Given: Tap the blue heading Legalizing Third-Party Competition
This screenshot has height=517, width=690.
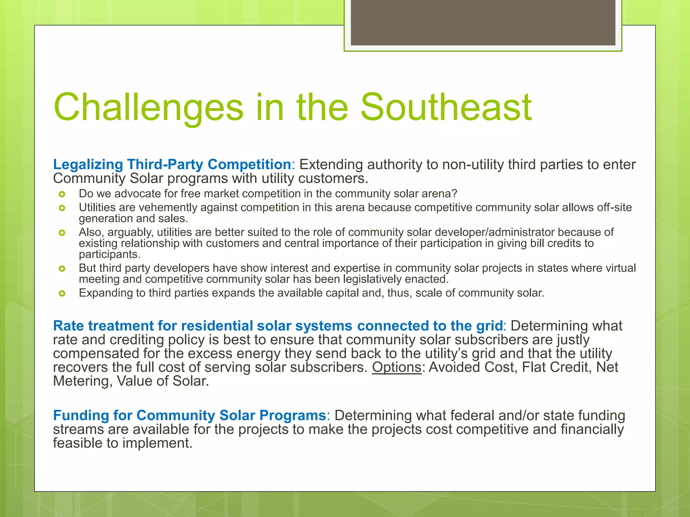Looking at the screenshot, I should pos(172,164).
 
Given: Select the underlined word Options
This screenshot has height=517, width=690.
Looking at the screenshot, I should pos(397,367).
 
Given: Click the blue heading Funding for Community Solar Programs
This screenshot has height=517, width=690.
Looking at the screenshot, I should pos(189,415).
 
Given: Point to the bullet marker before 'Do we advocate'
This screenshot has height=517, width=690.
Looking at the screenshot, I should pos(62,194).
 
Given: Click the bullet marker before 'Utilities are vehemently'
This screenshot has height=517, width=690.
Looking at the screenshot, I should pos(62,208).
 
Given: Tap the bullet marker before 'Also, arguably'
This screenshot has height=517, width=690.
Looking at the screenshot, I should pos(62,233).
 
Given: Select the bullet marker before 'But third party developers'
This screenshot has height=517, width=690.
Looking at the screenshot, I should pos(62,268).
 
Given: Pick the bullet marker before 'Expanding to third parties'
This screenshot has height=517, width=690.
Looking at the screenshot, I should pos(62,294).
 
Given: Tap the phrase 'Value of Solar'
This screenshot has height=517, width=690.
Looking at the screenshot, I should pos(162,381).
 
